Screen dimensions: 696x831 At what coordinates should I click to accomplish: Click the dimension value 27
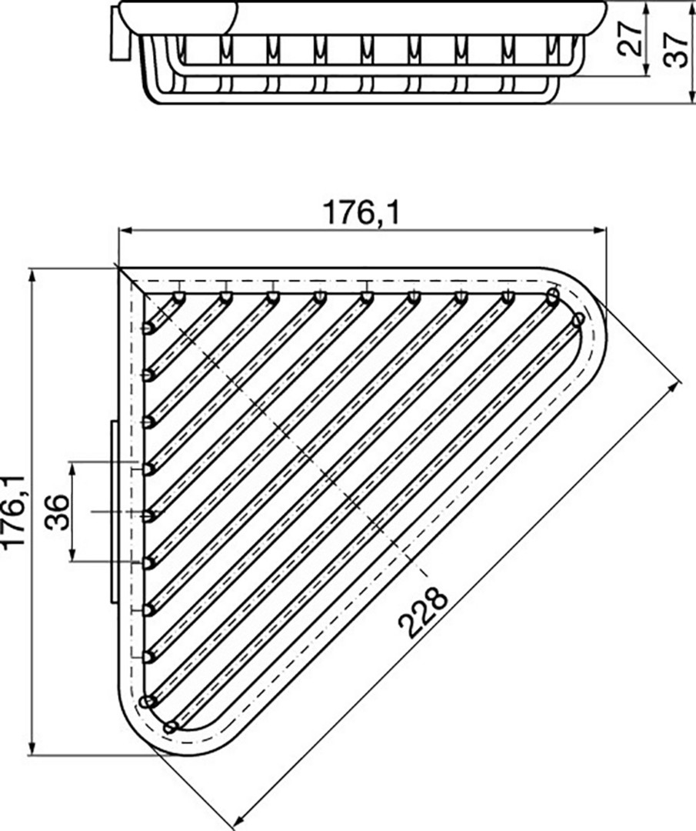click(x=630, y=38)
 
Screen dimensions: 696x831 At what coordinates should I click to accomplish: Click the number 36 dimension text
click(x=57, y=512)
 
